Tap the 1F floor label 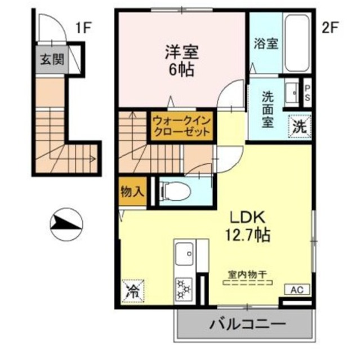tap(84, 28)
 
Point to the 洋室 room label tap(182, 52)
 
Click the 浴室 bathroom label tap(266, 43)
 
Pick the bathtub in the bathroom tap(296, 42)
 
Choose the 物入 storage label tap(131, 192)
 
